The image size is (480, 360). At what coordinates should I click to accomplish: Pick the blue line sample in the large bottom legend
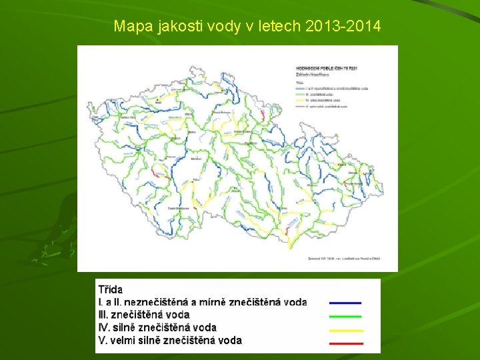[345, 303]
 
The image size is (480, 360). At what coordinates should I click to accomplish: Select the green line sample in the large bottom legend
[345, 316]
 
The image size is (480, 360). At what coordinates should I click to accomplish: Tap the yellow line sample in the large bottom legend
[345, 330]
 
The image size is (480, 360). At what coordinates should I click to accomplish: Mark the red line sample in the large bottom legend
[345, 343]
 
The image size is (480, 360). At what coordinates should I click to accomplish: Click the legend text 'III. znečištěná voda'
[143, 315]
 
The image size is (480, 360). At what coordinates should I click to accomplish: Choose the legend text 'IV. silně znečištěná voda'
[157, 327]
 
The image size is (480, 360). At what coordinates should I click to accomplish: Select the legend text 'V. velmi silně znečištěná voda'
[170, 340]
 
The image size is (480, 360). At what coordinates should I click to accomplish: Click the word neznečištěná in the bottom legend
[159, 302]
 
